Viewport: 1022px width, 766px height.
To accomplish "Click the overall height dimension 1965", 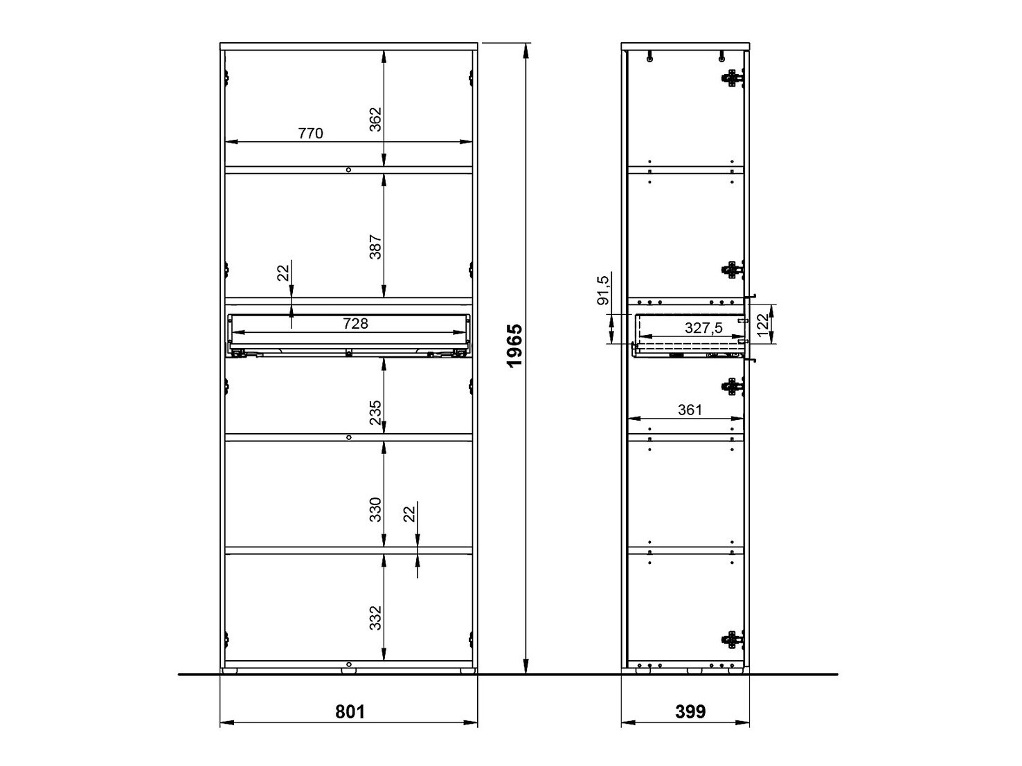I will pos(514,356).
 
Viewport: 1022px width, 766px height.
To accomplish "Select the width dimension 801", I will pos(350,711).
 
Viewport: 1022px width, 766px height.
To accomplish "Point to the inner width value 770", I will pos(310,134).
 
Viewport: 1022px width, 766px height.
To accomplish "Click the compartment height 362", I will pos(375,120).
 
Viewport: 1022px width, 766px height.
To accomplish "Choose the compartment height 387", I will pos(375,248).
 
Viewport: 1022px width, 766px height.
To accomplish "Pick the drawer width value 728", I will pos(355,323).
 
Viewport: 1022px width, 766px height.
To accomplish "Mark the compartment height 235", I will pos(375,412).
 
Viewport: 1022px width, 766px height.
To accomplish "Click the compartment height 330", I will pos(375,510).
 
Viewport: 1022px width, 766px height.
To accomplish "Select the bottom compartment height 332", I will pos(375,618).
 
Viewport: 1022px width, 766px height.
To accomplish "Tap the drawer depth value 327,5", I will pos(703,328).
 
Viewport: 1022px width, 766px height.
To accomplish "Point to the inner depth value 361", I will pos(690,410).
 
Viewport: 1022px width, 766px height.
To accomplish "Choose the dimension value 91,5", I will pos(603,290).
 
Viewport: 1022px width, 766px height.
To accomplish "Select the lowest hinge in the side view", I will pos(732,640).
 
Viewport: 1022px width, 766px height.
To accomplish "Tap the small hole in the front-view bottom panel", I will pos(348,664).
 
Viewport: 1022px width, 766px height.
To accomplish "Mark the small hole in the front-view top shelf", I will pos(348,170).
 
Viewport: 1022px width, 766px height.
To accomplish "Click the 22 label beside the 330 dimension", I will pos(409,513).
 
